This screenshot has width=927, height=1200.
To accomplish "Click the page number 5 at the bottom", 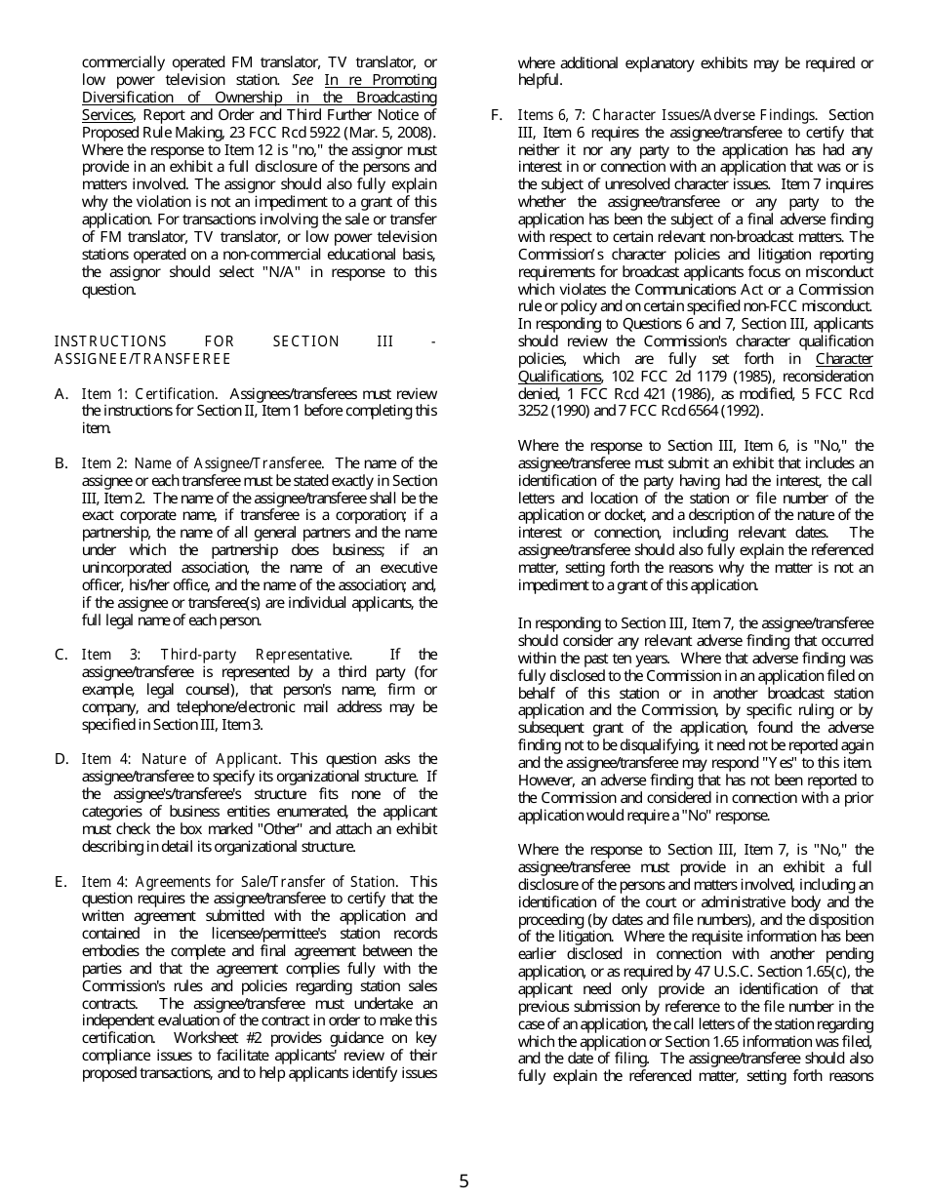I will tap(463, 1181).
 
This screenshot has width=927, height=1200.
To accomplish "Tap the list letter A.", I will tap(60, 394).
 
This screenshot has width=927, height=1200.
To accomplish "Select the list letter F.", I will tap(497, 115).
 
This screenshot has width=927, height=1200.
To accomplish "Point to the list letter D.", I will tap(61, 759).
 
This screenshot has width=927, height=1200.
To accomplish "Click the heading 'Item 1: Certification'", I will tap(149, 394).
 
